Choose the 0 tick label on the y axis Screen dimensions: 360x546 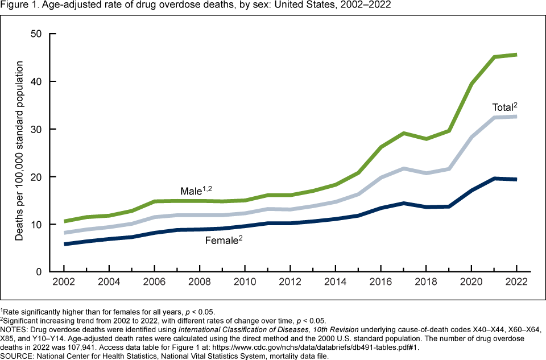[x=39, y=272]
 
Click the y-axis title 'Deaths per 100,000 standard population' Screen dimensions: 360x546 [x=19, y=152]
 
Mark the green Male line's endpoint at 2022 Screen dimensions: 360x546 [x=516, y=55]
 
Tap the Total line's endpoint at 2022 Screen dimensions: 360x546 [x=516, y=117]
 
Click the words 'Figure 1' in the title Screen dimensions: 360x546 [x=15, y=5]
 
